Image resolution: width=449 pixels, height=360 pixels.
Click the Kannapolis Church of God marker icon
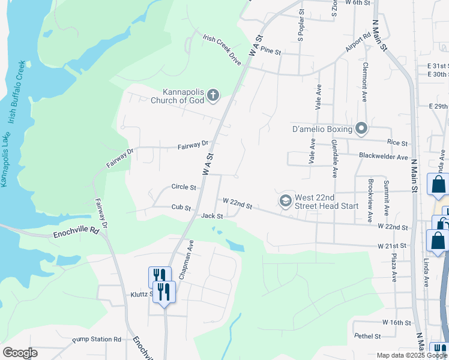213,95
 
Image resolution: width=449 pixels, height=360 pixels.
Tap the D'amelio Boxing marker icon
361,128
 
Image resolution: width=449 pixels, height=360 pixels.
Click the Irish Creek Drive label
221,49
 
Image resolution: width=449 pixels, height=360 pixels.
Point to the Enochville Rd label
75,232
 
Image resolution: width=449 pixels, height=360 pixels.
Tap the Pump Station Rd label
97,340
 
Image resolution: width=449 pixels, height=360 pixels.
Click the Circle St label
184,187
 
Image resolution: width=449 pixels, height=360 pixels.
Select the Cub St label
181,208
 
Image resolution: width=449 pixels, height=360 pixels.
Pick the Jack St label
212,216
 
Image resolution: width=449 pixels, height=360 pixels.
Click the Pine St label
271,52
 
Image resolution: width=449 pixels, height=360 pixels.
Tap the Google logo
20,353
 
